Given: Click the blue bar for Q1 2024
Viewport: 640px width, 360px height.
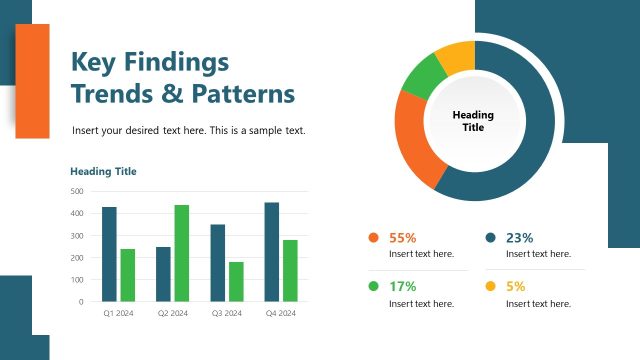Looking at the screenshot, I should (x=109, y=254).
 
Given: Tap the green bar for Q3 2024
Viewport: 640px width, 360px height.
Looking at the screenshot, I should (x=236, y=281).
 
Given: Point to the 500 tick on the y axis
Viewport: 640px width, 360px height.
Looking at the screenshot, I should (x=77, y=191).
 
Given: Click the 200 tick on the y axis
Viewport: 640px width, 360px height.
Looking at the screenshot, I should (x=77, y=257).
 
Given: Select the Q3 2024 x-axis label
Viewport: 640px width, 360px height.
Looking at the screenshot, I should (x=227, y=314).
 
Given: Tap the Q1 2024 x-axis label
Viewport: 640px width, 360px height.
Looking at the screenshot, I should (x=118, y=314).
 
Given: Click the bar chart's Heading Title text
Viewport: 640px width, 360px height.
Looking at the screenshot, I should (x=103, y=171).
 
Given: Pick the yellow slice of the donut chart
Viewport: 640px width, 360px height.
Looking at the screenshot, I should (x=456, y=56).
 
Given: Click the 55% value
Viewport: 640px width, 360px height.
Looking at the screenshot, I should (x=402, y=238).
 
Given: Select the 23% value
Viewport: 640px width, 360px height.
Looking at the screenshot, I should (x=520, y=238).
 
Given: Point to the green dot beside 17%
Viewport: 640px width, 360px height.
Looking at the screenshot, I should (x=374, y=286).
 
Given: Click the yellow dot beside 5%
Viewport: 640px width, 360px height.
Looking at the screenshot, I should (x=490, y=286).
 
